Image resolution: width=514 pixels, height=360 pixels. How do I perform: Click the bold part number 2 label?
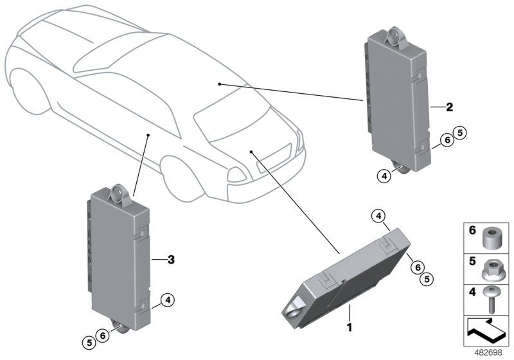point(449,107)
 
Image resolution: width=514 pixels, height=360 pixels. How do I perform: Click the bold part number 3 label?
point(171,260)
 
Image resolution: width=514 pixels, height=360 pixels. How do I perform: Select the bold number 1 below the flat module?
point(350,327)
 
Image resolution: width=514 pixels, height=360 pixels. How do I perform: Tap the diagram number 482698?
point(488,353)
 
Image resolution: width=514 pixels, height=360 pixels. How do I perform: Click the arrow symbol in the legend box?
point(486,330)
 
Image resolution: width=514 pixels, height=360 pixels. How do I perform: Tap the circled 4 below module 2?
point(384,176)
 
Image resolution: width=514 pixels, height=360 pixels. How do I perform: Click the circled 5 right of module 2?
point(460,133)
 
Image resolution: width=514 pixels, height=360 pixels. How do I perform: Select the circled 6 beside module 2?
point(447,140)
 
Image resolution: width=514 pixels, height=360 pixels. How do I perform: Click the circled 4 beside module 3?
point(168,300)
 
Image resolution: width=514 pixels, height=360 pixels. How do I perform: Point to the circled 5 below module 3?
point(89,343)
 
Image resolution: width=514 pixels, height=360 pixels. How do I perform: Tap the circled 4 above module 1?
point(378,216)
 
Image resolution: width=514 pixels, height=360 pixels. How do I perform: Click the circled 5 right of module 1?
point(427,279)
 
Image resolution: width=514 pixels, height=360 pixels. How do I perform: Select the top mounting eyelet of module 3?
point(119,194)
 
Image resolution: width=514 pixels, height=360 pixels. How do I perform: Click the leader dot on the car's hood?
point(251,152)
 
